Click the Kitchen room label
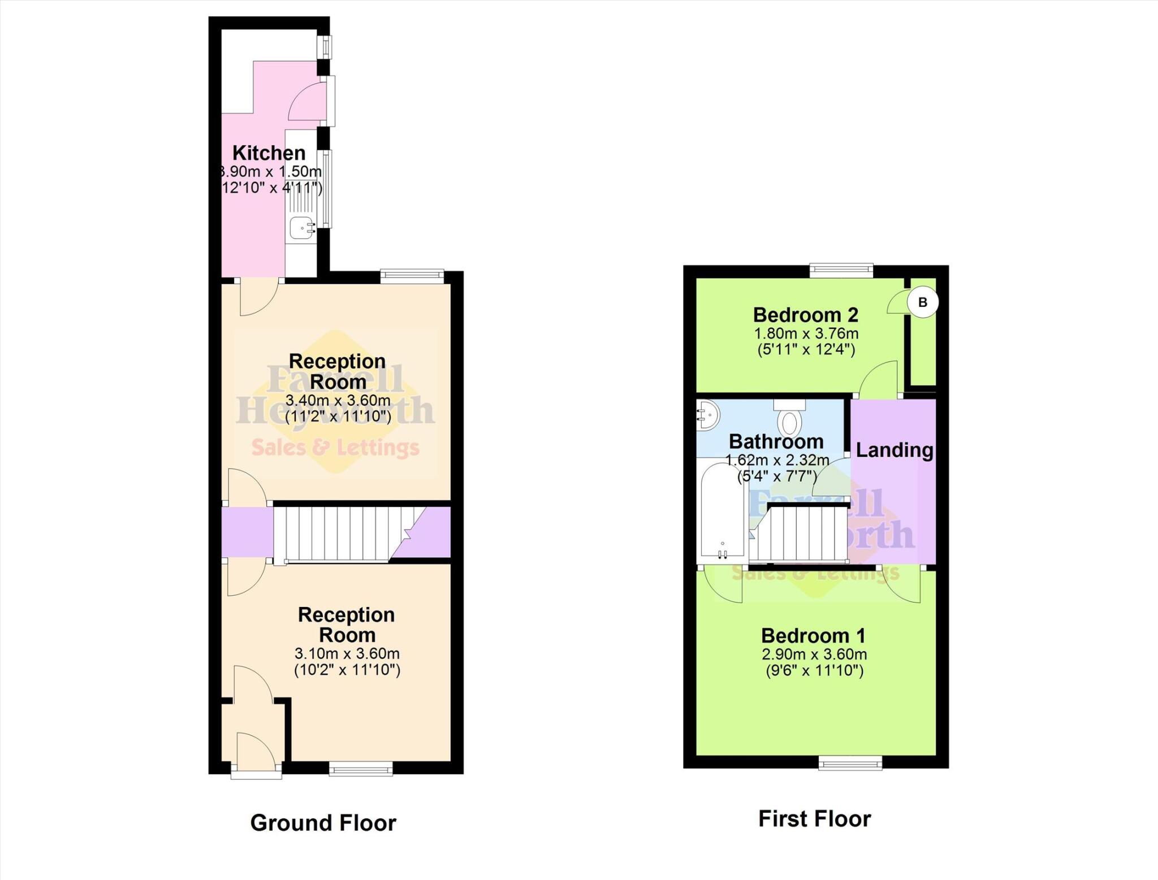pyautogui.click(x=269, y=153)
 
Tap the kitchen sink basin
pyautogui.click(x=301, y=228)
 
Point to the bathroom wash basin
pyautogui.click(x=706, y=415)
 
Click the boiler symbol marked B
pyautogui.click(x=922, y=302)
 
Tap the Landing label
pyautogui.click(x=894, y=450)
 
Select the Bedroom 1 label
pyautogui.click(x=813, y=635)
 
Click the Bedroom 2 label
pyautogui.click(x=805, y=314)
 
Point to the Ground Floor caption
pyautogui.click(x=323, y=822)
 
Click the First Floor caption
pyautogui.click(x=814, y=818)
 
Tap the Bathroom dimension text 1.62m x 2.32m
pyautogui.click(x=777, y=460)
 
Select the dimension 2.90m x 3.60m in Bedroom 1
pyautogui.click(x=814, y=654)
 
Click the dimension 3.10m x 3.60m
pyautogui.click(x=347, y=653)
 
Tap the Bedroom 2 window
pyautogui.click(x=841, y=270)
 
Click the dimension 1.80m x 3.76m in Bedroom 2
pyautogui.click(x=806, y=333)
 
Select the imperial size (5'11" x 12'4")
pyautogui.click(x=806, y=349)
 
